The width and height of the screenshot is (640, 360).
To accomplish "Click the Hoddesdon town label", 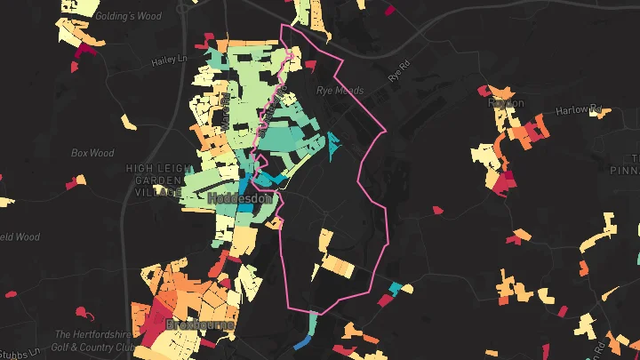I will click(239, 200).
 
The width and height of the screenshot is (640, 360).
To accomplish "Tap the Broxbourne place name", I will click(204, 325).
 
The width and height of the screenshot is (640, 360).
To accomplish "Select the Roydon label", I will click(507, 103).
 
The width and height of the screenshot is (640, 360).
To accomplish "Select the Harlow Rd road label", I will click(579, 110).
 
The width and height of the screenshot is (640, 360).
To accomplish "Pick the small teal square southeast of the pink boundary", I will click(396, 288).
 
